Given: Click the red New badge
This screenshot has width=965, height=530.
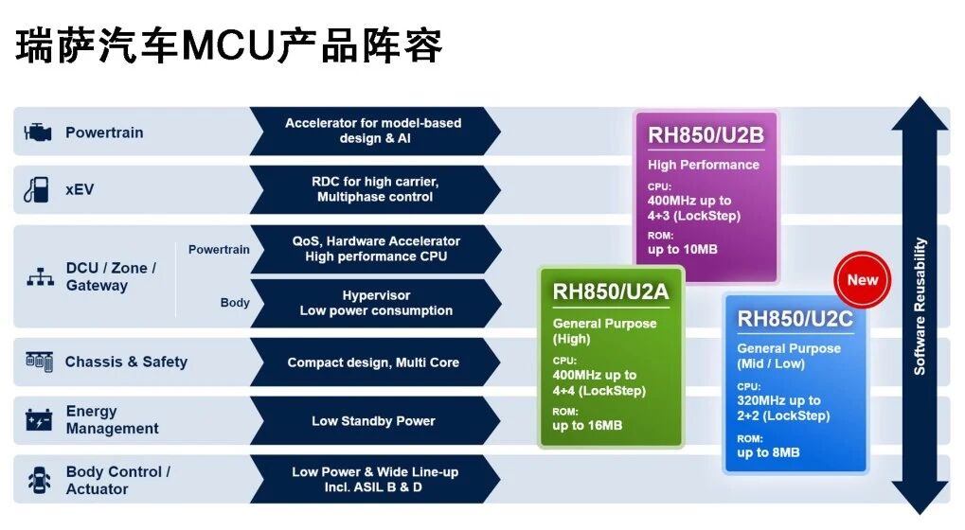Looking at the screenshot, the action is [x=862, y=280].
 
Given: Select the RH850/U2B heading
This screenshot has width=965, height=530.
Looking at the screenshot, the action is [x=706, y=134].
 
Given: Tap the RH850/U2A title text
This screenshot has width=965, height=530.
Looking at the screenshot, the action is [x=611, y=291].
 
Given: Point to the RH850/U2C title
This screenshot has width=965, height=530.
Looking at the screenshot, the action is [x=795, y=319].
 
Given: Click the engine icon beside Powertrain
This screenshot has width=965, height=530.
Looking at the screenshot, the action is [x=38, y=132].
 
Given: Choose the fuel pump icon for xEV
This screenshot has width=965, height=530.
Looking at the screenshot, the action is [x=36, y=189].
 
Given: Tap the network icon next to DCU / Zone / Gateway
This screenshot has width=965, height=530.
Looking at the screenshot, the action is [x=40, y=276].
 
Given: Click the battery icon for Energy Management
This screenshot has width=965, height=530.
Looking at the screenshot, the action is [x=39, y=420].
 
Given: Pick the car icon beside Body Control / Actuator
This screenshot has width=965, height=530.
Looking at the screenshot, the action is [x=40, y=480].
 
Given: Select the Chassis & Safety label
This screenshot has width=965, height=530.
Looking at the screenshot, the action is [x=126, y=362].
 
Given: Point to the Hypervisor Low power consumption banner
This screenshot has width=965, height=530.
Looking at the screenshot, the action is [x=375, y=303].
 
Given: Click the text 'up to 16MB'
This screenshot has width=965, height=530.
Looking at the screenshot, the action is [x=587, y=426].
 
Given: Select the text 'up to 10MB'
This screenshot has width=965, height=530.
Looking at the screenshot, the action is [x=683, y=250].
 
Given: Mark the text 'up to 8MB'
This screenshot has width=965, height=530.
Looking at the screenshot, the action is [x=768, y=452].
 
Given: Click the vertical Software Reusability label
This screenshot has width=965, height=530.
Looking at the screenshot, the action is [x=920, y=307].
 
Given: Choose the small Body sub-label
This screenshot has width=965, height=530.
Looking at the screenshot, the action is [x=235, y=303].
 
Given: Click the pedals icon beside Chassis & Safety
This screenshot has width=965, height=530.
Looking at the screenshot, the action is [x=39, y=361].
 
